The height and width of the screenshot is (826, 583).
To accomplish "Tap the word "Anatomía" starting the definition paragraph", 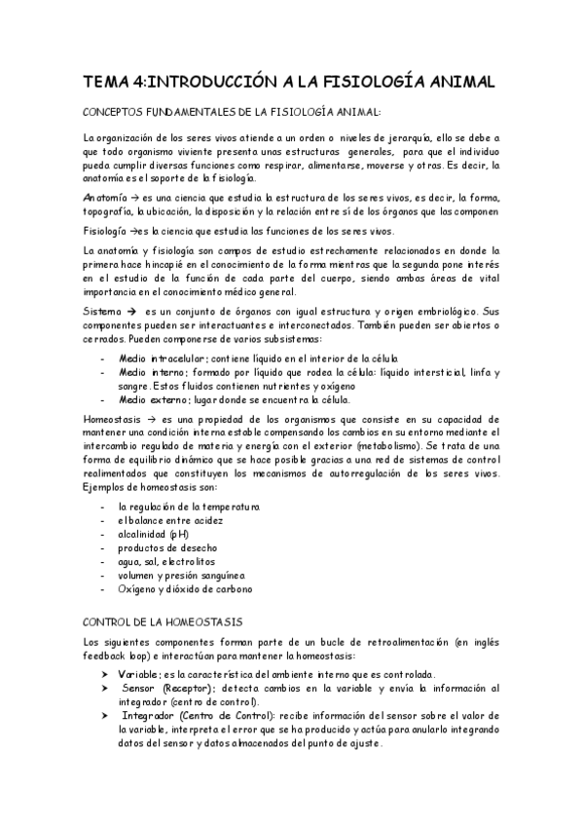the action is [x=104, y=198].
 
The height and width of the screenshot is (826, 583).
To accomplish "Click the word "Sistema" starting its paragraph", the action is [x=102, y=311].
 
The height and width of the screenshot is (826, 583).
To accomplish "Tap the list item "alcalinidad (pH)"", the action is [x=154, y=534].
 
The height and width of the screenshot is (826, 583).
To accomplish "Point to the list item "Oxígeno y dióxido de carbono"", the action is [x=185, y=588].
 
